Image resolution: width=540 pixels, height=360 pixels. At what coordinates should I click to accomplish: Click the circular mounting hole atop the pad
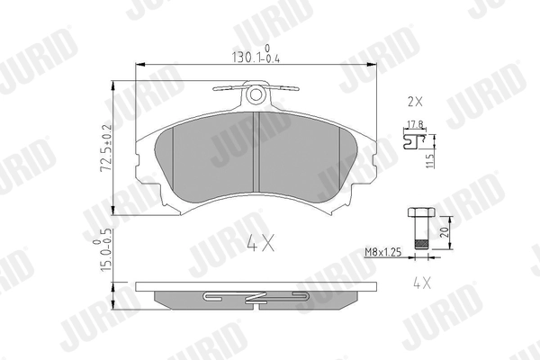click(x=256, y=94)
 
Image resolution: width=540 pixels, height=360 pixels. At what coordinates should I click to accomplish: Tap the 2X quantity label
click(x=414, y=100)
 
